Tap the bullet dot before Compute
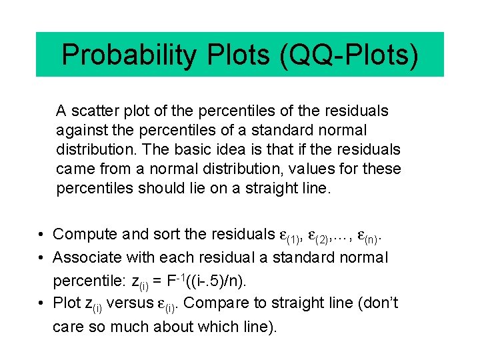[41, 235]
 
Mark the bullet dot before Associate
[41, 258]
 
